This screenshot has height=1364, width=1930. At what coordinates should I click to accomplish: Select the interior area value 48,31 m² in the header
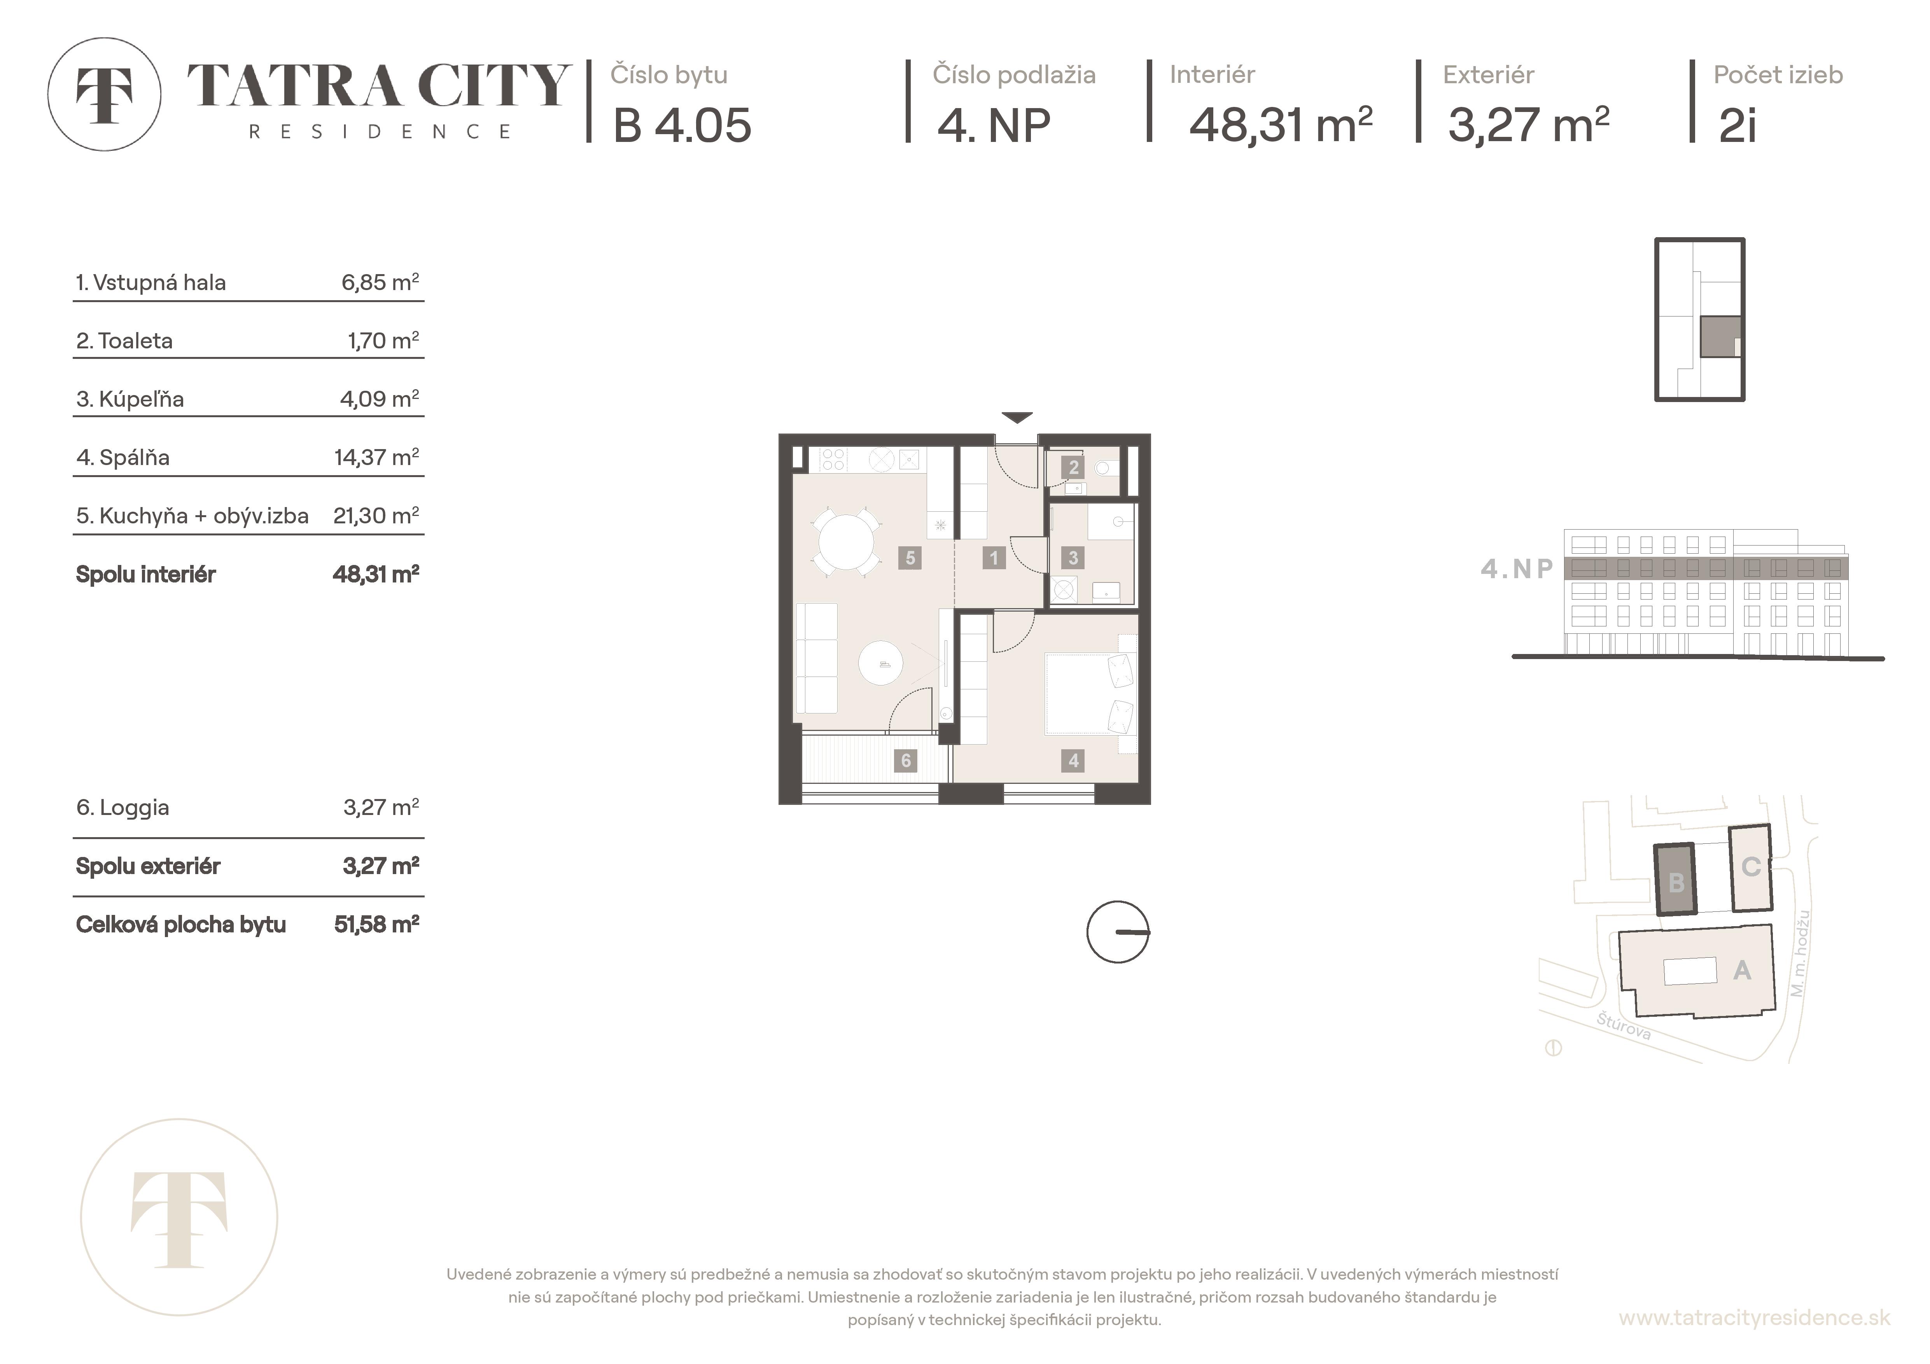pyautogui.click(x=1280, y=124)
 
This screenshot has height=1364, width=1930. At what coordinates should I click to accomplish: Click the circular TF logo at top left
pyautogui.click(x=104, y=94)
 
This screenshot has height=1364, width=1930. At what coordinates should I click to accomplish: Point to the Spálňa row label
pyautogui.click(x=123, y=458)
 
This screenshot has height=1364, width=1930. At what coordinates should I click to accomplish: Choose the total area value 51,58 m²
pyautogui.click(x=376, y=925)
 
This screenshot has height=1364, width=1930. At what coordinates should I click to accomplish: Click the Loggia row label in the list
pyautogui.click(x=123, y=808)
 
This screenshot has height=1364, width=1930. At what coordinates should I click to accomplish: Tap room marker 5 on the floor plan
pyautogui.click(x=910, y=558)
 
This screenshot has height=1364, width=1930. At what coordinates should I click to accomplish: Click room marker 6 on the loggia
pyautogui.click(x=905, y=761)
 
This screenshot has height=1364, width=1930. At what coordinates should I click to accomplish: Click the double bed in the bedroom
pyautogui.click(x=1090, y=694)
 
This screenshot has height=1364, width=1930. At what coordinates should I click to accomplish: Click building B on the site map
pyautogui.click(x=1675, y=880)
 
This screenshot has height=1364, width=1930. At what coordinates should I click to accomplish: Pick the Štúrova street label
pyautogui.click(x=1623, y=1027)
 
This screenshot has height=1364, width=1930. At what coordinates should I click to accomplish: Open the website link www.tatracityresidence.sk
pyautogui.click(x=1754, y=1318)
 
